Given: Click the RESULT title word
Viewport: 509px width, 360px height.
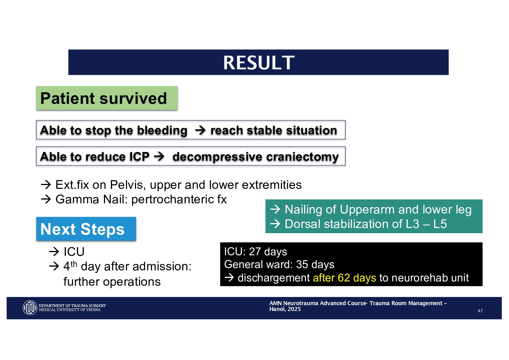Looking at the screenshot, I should [259, 63].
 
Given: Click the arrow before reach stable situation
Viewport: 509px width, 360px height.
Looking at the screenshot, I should [200, 130].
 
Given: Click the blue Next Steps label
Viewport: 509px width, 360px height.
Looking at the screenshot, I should [86, 229].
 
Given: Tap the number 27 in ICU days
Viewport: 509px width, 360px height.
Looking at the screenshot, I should [255, 252].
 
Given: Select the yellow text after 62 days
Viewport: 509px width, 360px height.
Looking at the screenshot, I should [344, 278].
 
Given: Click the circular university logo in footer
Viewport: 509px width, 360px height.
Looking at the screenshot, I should [30, 307].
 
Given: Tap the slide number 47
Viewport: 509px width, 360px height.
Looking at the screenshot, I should [480, 311].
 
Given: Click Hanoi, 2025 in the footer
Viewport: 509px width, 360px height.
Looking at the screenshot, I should [285, 309].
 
